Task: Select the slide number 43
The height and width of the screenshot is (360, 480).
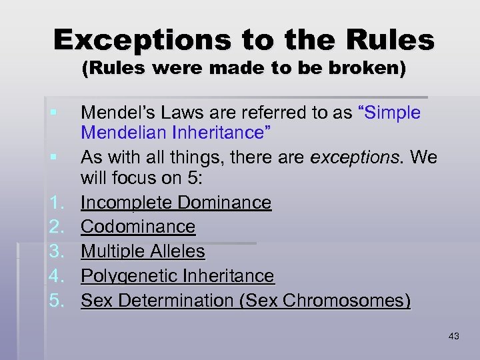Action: (x=454, y=336)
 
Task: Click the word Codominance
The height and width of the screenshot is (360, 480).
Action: (x=138, y=227)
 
